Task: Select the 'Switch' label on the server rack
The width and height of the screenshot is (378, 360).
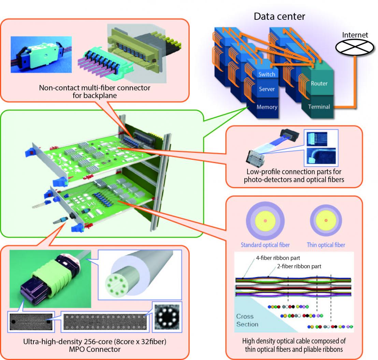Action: coord(266,74)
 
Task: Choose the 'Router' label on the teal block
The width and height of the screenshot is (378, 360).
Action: coord(319,83)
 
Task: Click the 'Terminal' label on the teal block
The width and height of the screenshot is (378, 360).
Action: coord(319,107)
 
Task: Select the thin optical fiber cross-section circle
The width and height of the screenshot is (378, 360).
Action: coord(326,221)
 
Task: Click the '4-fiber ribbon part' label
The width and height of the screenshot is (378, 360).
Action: coord(278,258)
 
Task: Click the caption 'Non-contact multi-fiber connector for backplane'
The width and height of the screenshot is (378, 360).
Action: coord(95,91)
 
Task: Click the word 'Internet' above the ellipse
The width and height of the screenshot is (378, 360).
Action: coord(355,35)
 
